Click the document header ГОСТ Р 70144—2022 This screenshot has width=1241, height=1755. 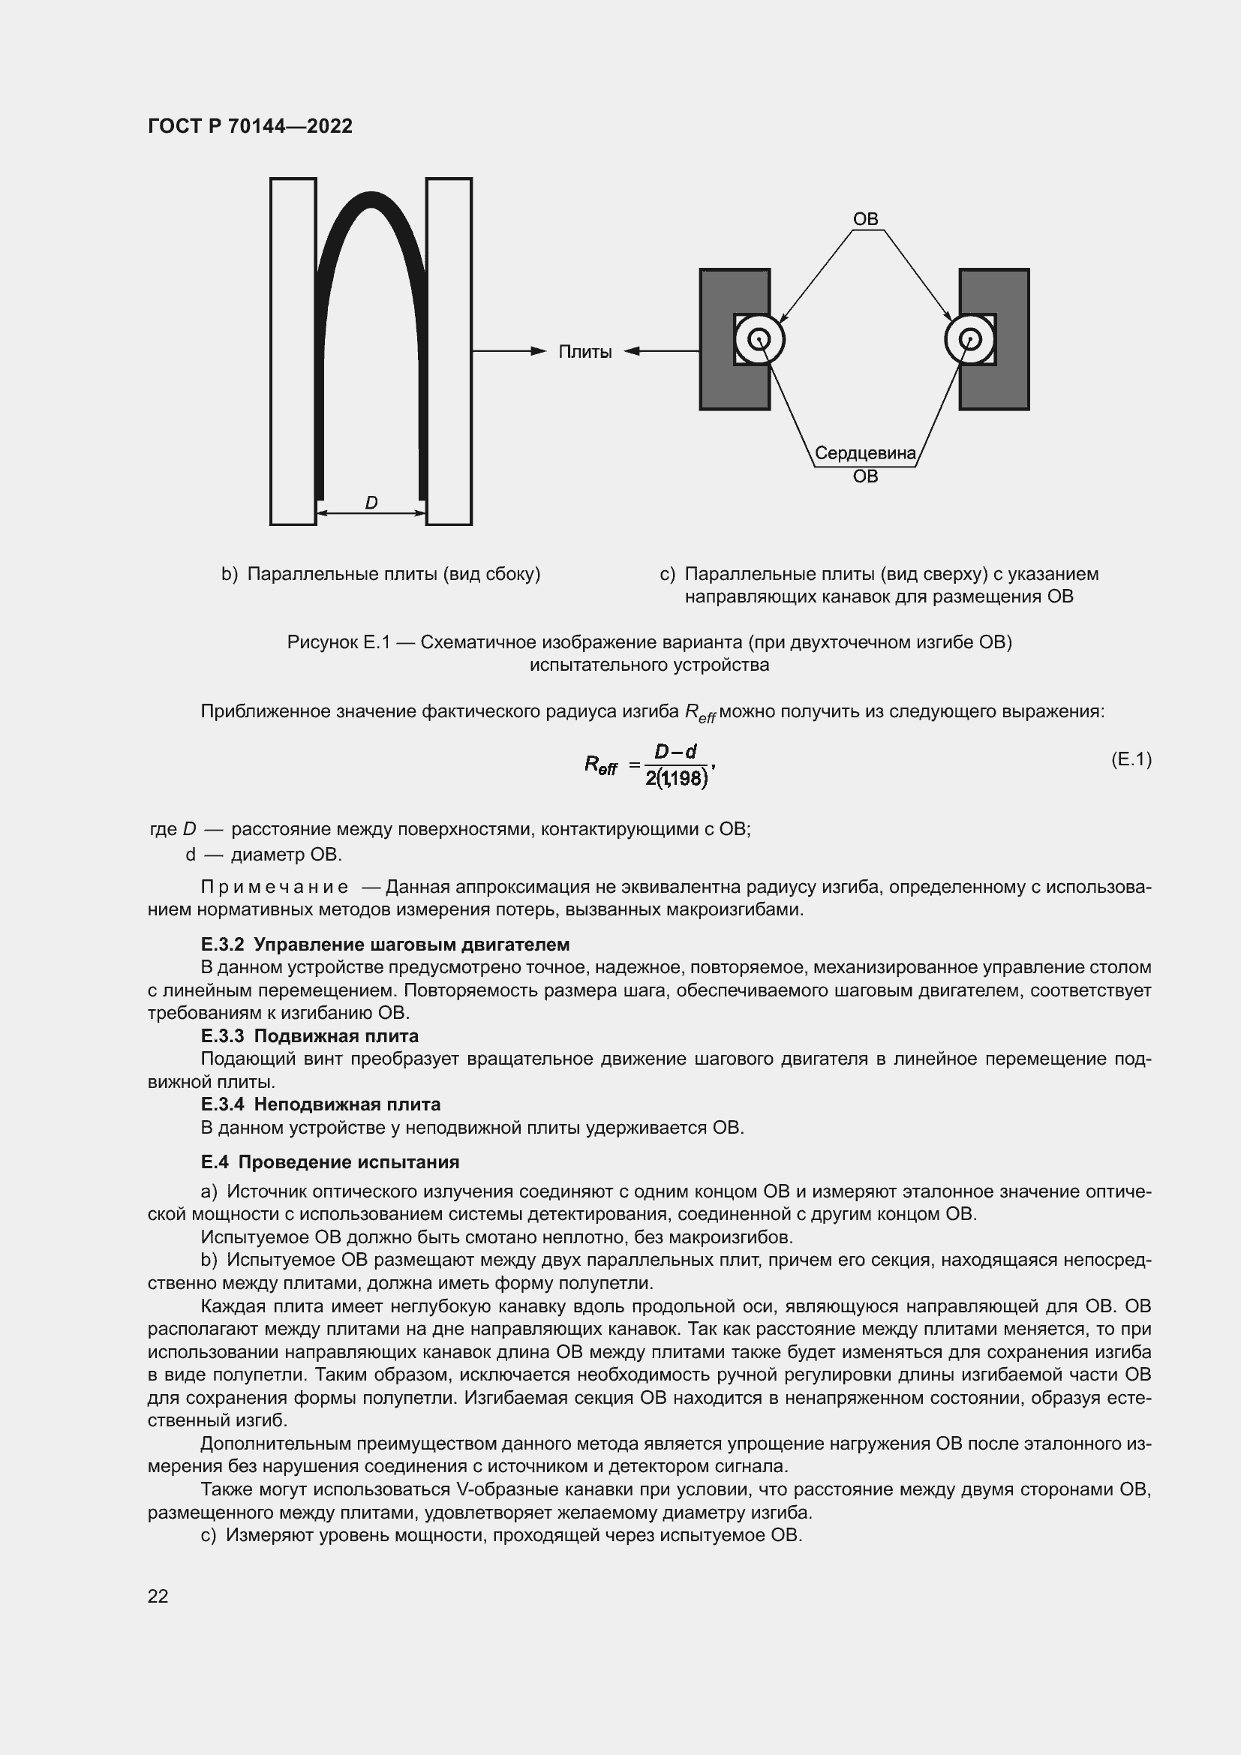(x=250, y=126)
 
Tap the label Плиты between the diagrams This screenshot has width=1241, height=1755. (x=584, y=353)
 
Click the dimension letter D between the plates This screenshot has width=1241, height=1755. (x=371, y=503)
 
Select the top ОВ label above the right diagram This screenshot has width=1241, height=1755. (x=865, y=219)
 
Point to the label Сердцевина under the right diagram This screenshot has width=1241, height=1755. (x=865, y=453)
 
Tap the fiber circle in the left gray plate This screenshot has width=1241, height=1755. (x=759, y=339)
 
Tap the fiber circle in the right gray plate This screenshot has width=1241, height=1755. (x=969, y=339)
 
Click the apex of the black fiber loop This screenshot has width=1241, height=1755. (x=371, y=200)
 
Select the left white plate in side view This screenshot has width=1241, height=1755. (x=293, y=352)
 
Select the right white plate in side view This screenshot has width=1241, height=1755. (x=449, y=352)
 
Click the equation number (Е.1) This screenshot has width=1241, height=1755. (x=1130, y=759)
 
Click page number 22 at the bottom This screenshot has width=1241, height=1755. (x=158, y=1596)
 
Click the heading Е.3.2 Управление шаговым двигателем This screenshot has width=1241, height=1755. (x=385, y=945)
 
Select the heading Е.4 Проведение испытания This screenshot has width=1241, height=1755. (x=330, y=1162)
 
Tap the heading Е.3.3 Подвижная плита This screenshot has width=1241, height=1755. (x=309, y=1036)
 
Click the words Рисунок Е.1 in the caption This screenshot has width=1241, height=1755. (x=338, y=642)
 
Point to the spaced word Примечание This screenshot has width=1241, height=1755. (x=275, y=888)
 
